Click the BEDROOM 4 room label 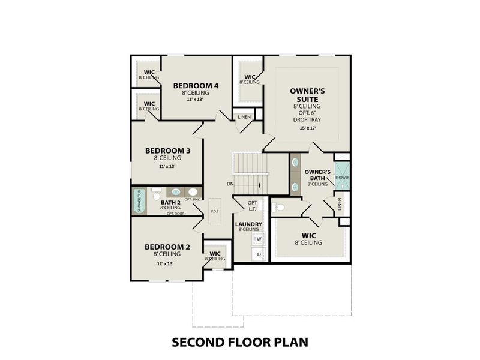196,86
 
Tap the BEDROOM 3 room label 168,151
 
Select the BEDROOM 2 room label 167,247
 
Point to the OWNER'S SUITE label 307,94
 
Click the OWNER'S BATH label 317,175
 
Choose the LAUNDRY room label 248,224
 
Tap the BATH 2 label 170,203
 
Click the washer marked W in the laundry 259,239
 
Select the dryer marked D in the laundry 259,254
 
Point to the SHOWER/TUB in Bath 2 139,202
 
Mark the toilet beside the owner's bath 280,208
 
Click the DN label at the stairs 230,184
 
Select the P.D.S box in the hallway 214,211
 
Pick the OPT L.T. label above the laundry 251,206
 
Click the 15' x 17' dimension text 307,128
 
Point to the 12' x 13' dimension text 165,263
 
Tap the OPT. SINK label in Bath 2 192,199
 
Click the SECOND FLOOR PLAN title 240,342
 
